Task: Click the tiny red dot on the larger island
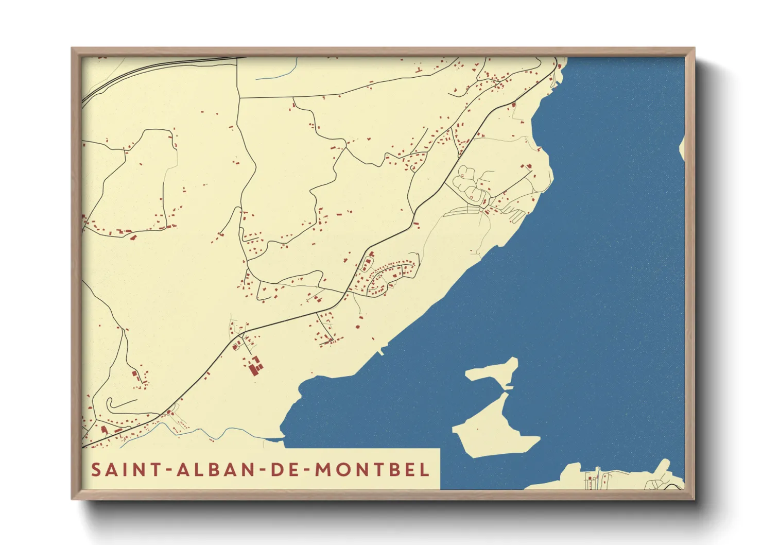pyautogui.click(x=477, y=429)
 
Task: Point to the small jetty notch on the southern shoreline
pyautogui.click(x=381, y=353)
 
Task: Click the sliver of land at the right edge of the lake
pyautogui.click(x=682, y=149)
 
